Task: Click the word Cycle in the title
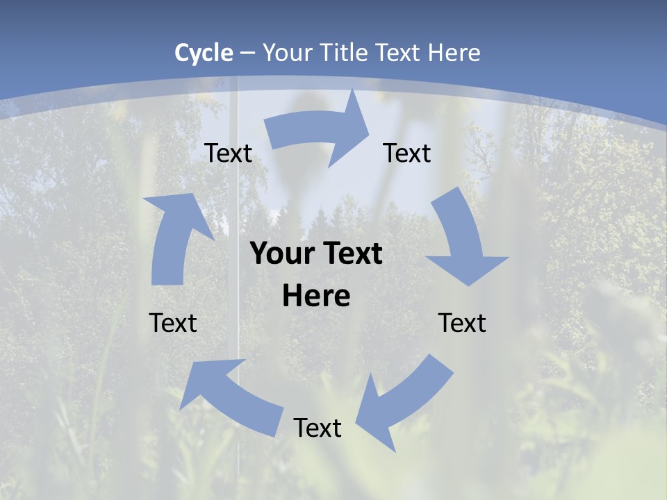pyautogui.click(x=204, y=53)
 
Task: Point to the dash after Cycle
pyautogui.click(x=247, y=53)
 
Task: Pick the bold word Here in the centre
pyautogui.click(x=316, y=297)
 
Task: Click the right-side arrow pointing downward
pyautogui.click(x=464, y=243)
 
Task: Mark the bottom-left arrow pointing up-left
pyautogui.click(x=229, y=396)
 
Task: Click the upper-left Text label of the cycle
pyautogui.click(x=228, y=153)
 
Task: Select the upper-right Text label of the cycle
pyautogui.click(x=407, y=153)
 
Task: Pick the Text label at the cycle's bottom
pyautogui.click(x=318, y=428)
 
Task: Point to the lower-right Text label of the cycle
pyautogui.click(x=462, y=323)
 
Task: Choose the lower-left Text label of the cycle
pyautogui.click(x=173, y=323)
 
